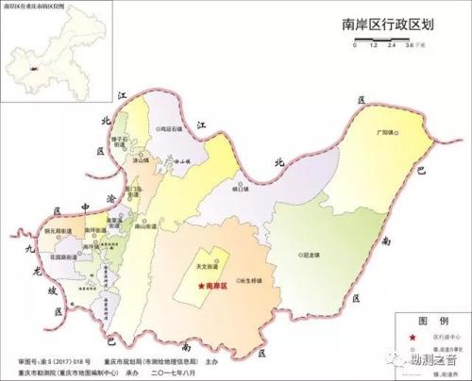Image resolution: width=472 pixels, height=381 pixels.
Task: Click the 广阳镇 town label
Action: click(x=384, y=132)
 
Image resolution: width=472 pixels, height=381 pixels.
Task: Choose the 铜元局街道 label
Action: click(x=70, y=231)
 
